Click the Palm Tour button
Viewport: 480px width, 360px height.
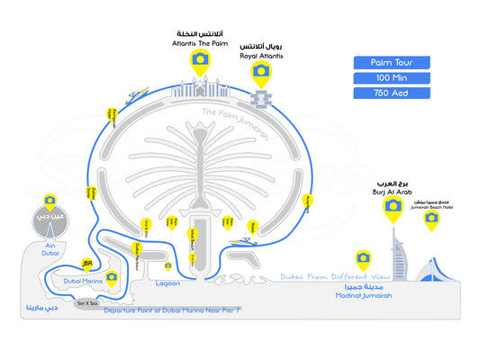[x=392, y=62]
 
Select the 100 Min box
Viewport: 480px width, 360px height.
[x=392, y=77]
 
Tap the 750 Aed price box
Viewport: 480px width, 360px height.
[x=392, y=93]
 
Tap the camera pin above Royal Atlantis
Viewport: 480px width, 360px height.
[x=260, y=71]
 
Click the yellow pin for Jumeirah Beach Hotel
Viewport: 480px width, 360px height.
[x=430, y=220]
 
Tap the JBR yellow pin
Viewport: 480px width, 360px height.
[x=87, y=265]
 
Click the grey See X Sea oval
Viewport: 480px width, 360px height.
[x=87, y=303]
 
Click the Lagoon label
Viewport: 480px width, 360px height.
[x=168, y=283]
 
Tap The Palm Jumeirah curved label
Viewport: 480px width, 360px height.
[x=235, y=124]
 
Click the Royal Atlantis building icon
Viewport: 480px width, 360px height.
[x=261, y=95]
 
